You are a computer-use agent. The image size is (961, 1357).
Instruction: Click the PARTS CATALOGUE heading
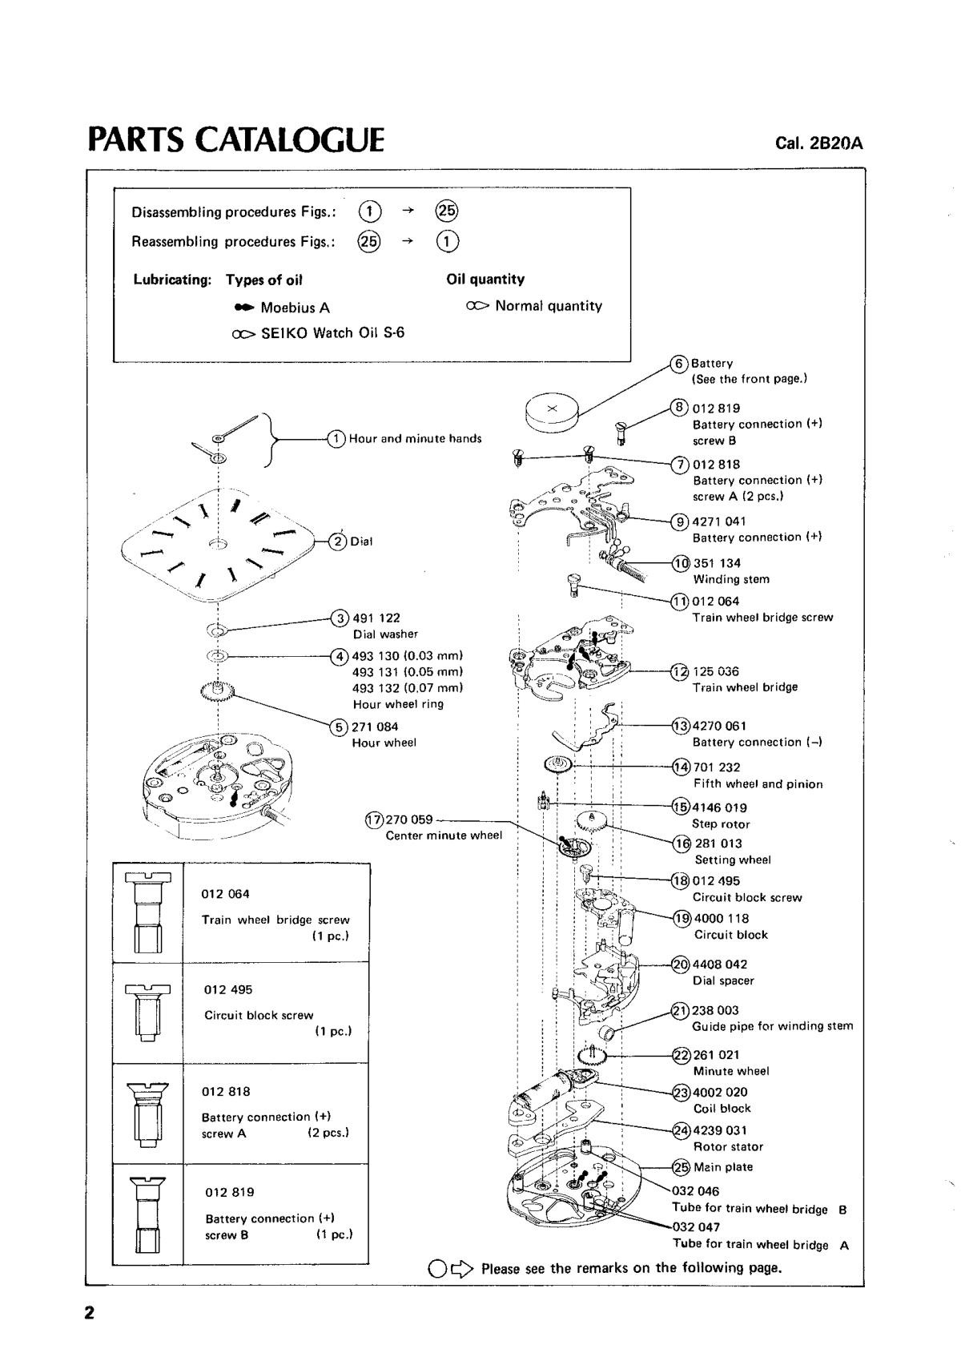click(236, 139)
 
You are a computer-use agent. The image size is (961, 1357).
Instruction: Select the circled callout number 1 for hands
click(336, 438)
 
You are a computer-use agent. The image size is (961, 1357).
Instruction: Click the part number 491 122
click(376, 618)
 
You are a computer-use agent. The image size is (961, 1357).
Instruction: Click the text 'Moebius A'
click(295, 308)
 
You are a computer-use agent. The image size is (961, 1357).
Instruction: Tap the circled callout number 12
click(680, 671)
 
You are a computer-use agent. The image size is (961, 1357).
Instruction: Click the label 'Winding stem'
click(731, 579)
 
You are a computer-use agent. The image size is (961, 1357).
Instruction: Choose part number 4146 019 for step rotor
click(719, 807)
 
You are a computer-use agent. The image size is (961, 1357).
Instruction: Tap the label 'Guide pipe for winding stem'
click(772, 1026)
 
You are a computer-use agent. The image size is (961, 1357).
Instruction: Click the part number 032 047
click(696, 1226)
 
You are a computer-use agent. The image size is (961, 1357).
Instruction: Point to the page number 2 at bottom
click(90, 1313)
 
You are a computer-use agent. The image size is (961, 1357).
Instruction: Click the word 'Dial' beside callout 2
click(361, 542)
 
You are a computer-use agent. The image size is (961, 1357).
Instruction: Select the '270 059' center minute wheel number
click(409, 819)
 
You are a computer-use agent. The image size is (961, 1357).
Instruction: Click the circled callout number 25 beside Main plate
click(681, 1167)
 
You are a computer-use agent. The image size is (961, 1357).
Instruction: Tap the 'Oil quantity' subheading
click(485, 280)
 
